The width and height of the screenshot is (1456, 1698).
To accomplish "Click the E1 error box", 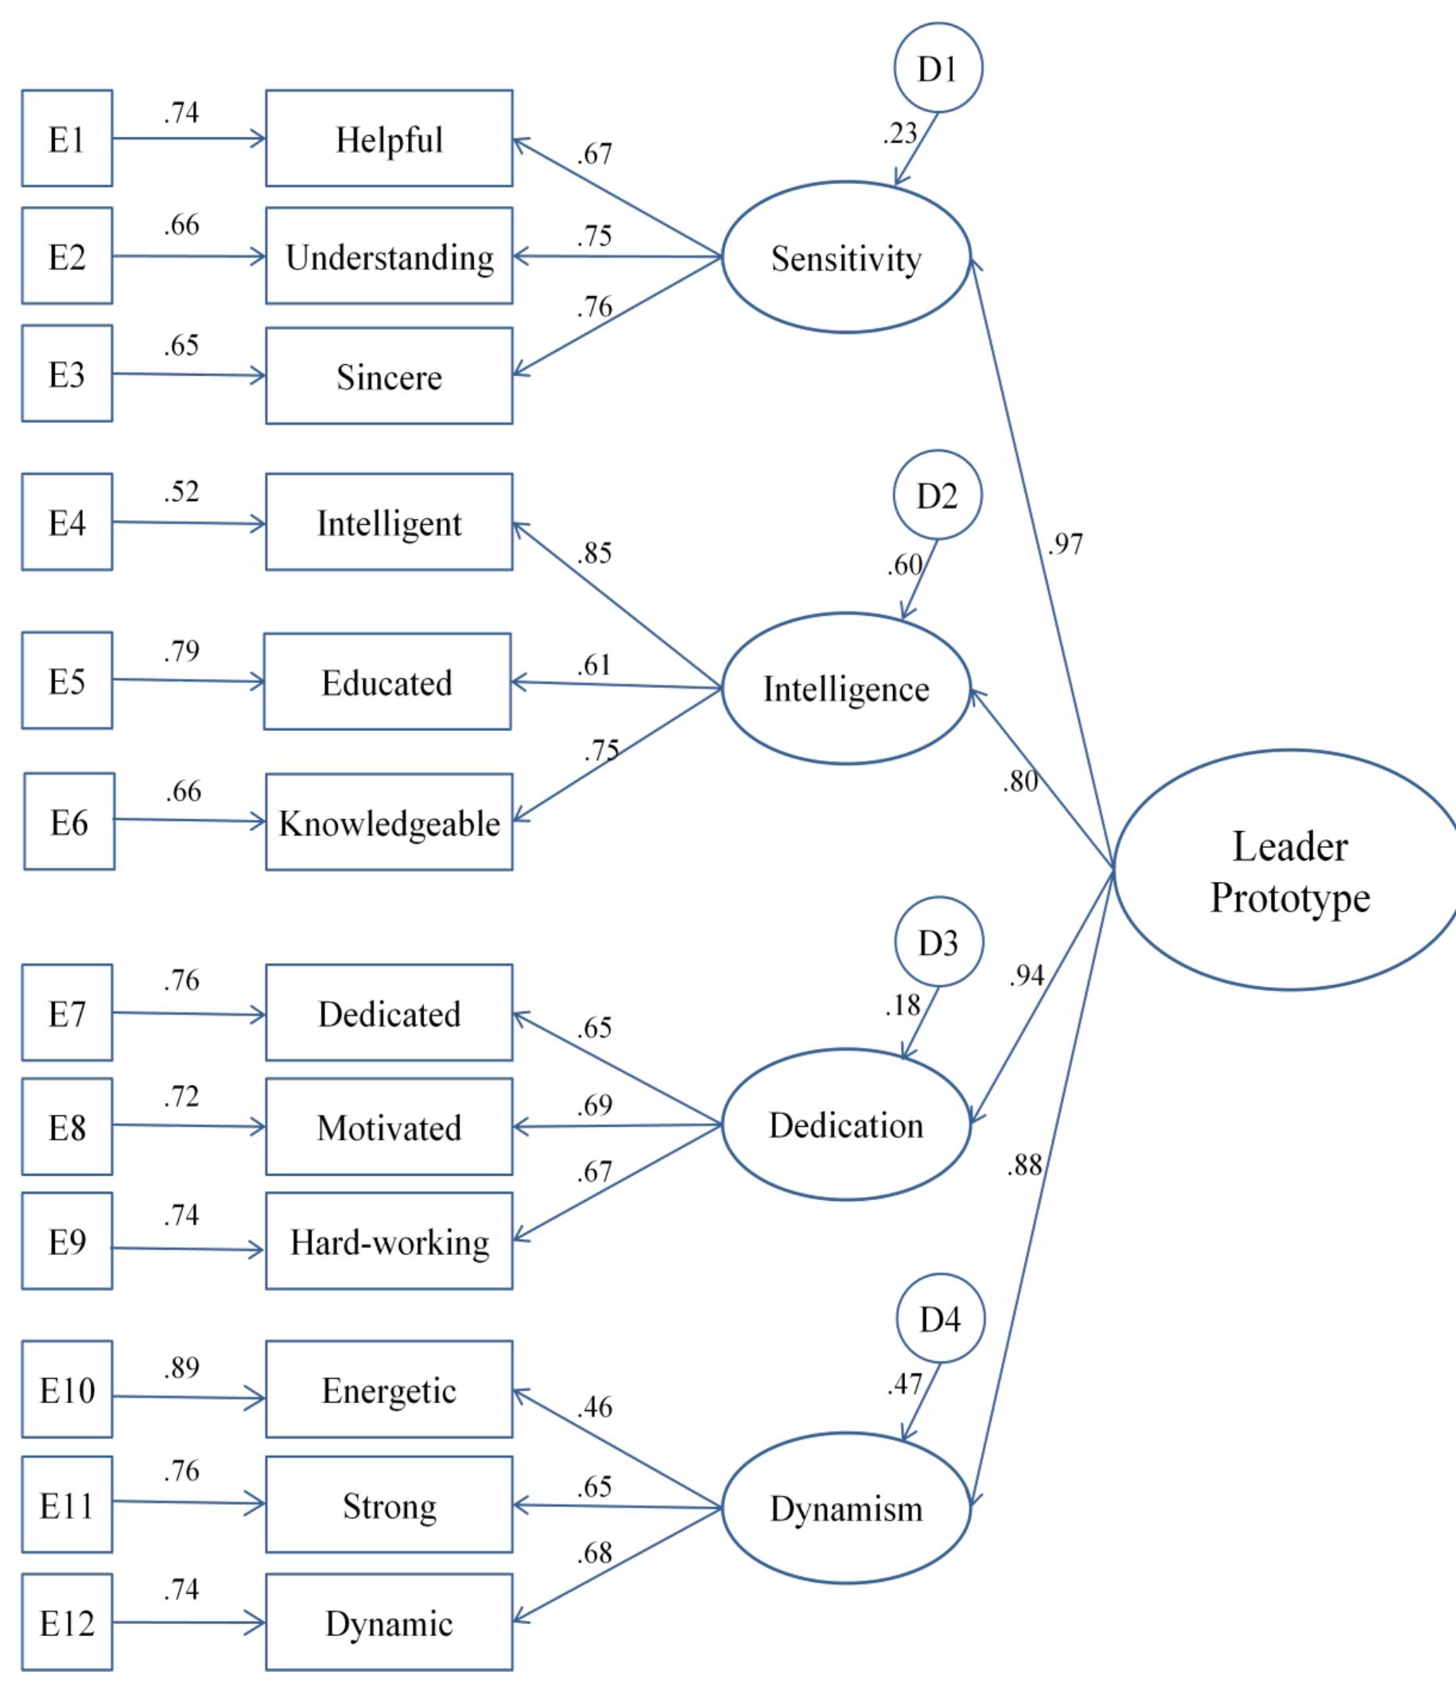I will click(66, 138).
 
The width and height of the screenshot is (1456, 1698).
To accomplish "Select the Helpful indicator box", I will click(388, 138).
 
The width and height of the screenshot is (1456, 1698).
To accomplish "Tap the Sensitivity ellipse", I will click(845, 258).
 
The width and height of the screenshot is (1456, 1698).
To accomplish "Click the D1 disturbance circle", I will click(938, 68).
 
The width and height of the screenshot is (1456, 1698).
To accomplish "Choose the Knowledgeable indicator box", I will click(388, 822).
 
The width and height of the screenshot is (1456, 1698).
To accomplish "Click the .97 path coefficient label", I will click(1066, 544).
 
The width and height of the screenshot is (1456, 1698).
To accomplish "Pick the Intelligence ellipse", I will click(845, 689).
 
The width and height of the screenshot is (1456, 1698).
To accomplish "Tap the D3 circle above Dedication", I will click(938, 942).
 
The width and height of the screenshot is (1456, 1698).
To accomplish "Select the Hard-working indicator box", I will click(388, 1241).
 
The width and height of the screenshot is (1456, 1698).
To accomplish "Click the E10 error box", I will click(66, 1390).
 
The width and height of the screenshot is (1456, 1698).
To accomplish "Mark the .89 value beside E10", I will click(181, 1367).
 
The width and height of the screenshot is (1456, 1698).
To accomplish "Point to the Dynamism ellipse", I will click(845, 1508).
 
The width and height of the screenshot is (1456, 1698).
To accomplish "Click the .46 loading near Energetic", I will click(594, 1407).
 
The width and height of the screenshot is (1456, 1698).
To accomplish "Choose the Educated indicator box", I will click(386, 682).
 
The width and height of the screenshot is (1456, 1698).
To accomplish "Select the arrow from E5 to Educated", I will click(188, 680).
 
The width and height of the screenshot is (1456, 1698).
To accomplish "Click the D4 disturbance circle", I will click(939, 1319).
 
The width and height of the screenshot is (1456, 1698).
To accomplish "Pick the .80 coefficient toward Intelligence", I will click(1020, 782).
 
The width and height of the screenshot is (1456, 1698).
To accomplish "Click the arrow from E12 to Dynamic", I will click(188, 1622).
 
